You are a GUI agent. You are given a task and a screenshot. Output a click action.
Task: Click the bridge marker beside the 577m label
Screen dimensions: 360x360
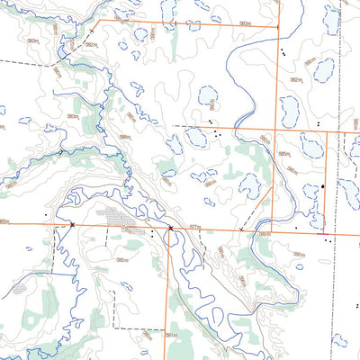169,229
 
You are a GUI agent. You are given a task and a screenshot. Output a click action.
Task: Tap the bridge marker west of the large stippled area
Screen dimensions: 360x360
71,224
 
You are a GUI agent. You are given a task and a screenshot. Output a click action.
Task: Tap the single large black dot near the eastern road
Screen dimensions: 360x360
323,186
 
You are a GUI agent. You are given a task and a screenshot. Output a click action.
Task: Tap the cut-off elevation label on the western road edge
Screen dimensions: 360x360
4,220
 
